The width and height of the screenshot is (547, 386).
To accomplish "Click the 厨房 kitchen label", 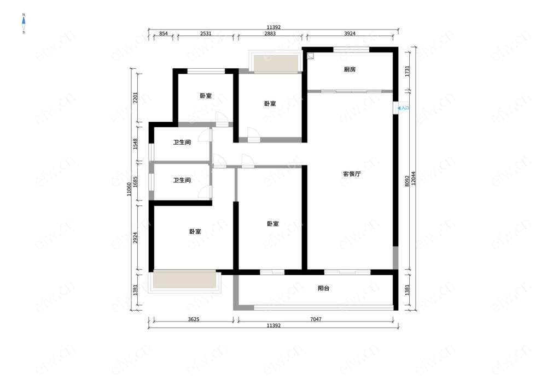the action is pos(350,70).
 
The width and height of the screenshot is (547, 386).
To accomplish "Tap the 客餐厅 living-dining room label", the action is pos(352,174).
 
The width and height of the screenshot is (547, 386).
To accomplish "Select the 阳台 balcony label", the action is pos(323,288).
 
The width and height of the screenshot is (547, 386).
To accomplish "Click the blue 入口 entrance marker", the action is pos(403,108).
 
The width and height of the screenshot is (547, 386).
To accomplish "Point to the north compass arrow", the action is pos(24,23).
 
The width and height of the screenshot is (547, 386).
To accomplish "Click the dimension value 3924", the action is pos(350,33).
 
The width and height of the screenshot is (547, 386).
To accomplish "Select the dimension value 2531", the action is pos(206,33).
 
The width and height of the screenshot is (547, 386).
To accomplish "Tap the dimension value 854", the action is pos(163,33).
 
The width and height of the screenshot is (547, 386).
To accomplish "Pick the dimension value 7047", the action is pos(316,319).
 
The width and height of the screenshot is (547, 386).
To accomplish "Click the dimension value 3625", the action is pos(194,319).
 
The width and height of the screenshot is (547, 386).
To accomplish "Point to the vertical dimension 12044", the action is pos(414,178).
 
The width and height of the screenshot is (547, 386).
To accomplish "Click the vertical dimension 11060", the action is pos(129,189).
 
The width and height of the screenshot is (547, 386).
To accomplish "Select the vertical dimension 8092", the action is pos(407,181).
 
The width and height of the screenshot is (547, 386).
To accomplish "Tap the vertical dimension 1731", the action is pos(407,72).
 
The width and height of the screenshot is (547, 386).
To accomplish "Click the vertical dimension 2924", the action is pos(136,237).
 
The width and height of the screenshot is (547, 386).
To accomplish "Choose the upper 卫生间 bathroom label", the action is pos(182,142).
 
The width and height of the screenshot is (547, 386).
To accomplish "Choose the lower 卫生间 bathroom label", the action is pos(182,180).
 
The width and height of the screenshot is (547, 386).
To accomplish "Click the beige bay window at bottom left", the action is pos(184,280).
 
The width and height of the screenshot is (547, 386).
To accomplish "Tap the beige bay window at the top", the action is pos(276,64).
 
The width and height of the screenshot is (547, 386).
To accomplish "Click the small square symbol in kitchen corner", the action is pos(311,56).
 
